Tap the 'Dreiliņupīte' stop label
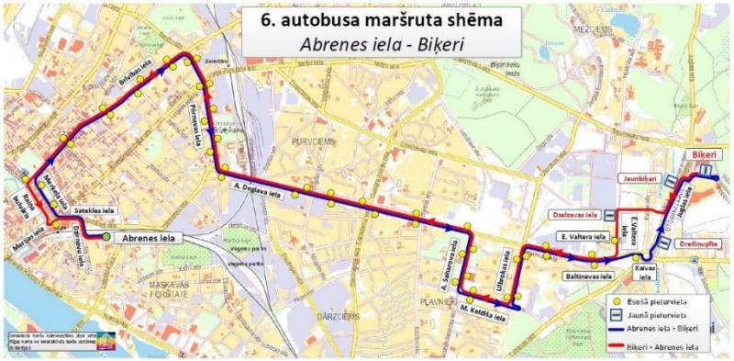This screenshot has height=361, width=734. coord(699,245)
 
